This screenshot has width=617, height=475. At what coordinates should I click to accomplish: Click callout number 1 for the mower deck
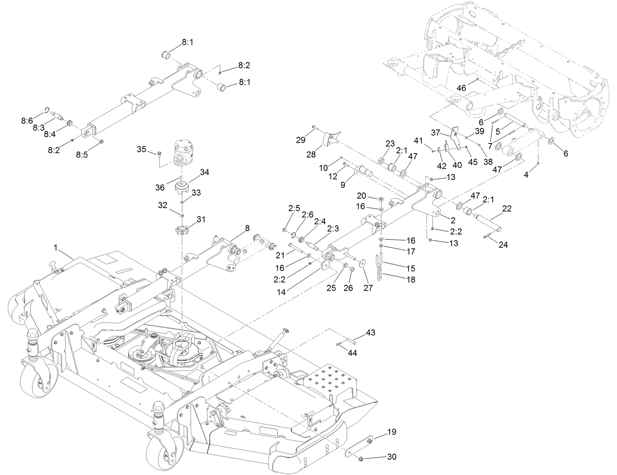[x=55, y=248]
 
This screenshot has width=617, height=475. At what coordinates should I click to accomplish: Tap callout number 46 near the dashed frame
[x=462, y=88]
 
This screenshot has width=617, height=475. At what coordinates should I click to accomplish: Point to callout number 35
[x=142, y=149]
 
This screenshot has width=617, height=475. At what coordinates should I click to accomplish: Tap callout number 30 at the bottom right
[x=392, y=457]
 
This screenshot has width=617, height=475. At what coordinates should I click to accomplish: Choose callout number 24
[x=503, y=245]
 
